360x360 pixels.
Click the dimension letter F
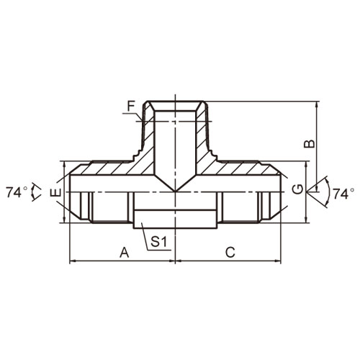pyautogui.click(x=131, y=106)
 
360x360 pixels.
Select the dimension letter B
pyautogui.click(x=310, y=143)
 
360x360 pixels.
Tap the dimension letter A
pyautogui.click(x=125, y=253)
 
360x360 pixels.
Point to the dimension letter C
pyautogui.click(x=230, y=253)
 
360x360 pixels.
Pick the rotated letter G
pyautogui.click(x=298, y=189)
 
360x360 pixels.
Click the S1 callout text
pyautogui.click(x=158, y=242)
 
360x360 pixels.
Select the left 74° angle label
pyautogui.click(x=17, y=192)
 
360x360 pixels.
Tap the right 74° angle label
pyautogui.click(x=343, y=194)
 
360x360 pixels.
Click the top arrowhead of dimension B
pyautogui.click(x=318, y=104)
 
